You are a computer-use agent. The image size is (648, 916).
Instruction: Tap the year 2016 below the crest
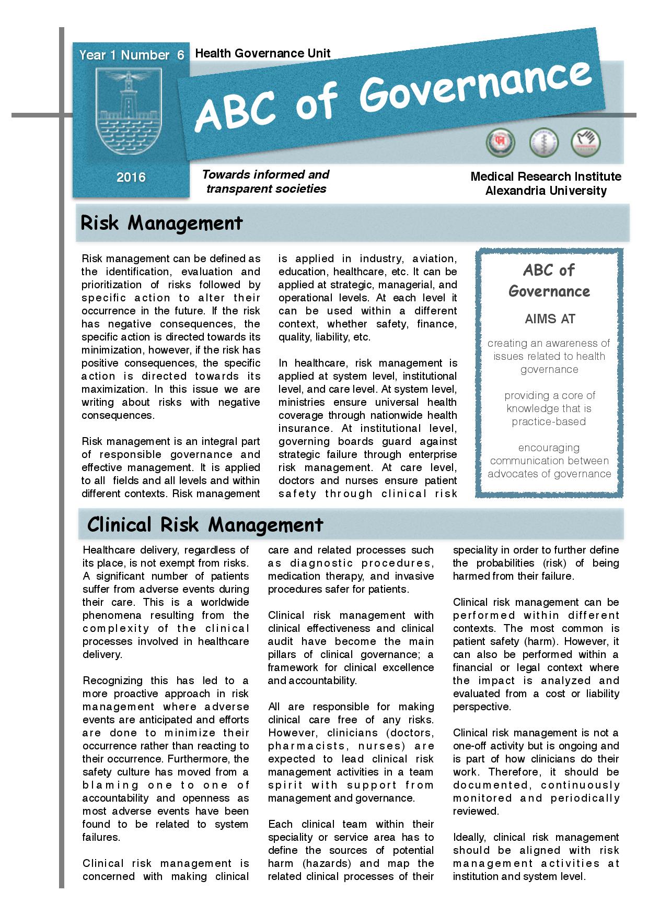point(131,178)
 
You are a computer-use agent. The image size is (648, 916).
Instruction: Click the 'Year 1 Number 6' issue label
point(131,55)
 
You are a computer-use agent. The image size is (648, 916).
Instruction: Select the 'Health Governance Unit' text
point(262,53)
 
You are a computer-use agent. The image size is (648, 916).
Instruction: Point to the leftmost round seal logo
point(500,143)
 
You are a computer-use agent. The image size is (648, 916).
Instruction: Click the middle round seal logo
point(543,143)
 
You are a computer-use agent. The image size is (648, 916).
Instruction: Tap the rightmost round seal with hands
point(586,142)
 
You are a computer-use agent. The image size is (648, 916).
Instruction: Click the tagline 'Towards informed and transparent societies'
point(265,181)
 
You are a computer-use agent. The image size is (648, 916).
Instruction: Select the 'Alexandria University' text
point(546,191)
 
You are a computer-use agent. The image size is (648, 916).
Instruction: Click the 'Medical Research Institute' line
point(546,177)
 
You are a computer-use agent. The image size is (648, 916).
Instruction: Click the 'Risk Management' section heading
point(161,223)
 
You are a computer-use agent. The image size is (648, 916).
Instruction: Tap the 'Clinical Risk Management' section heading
point(205,524)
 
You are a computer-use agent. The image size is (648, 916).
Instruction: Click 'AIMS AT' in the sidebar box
point(549,319)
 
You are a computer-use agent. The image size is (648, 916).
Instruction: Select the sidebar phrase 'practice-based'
point(549,421)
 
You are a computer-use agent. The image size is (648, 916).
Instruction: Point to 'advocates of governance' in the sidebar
point(549,474)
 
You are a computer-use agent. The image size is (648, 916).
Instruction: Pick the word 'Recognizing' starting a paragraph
point(112,680)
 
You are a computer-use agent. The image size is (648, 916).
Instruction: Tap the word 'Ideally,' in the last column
point(469,837)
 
